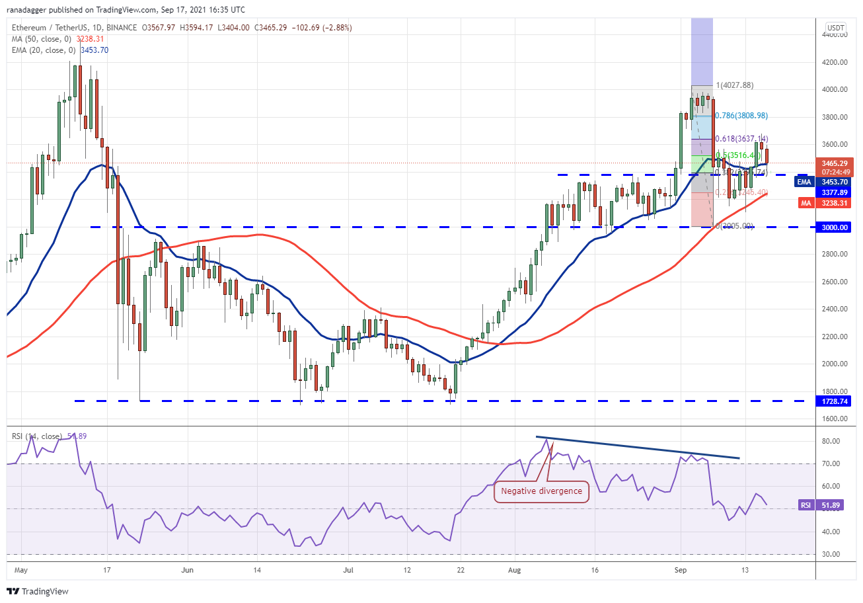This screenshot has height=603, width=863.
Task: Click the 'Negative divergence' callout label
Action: (x=541, y=491)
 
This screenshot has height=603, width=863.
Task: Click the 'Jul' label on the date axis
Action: (x=349, y=569)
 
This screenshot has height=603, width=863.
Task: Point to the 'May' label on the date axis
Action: (x=21, y=569)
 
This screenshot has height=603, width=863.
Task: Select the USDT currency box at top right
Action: (x=836, y=28)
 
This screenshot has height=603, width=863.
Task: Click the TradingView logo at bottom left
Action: (x=38, y=591)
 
